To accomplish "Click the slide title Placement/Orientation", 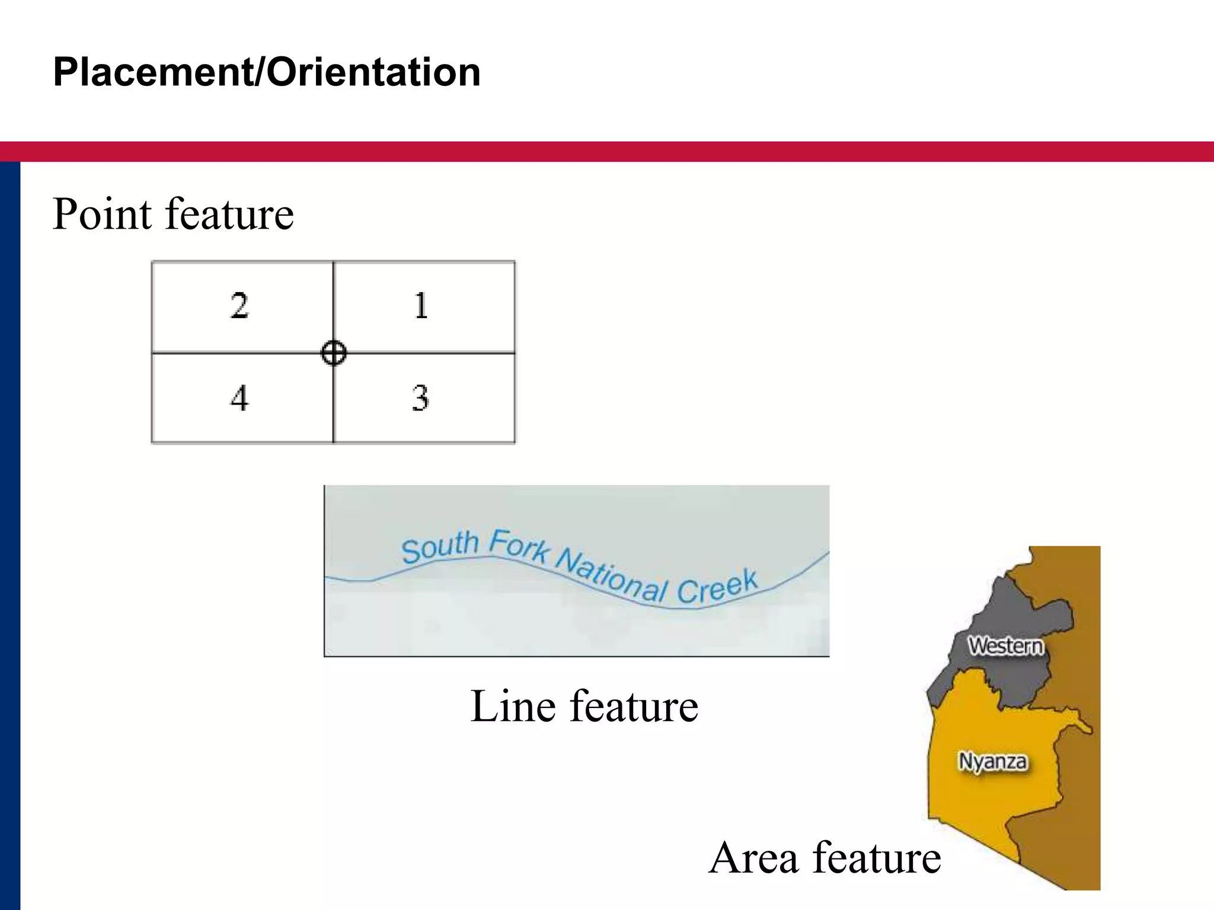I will click(x=267, y=72).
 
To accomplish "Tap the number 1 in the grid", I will click(x=421, y=306).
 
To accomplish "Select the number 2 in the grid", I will click(x=239, y=306).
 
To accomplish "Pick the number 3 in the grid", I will click(x=420, y=398).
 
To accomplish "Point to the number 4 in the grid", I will click(x=239, y=398).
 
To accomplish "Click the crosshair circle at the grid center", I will click(x=333, y=353).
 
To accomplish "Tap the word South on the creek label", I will click(x=440, y=547).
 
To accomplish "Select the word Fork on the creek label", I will click(x=520, y=545).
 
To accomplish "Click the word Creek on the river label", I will click(x=717, y=587).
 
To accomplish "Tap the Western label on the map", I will click(x=1006, y=645).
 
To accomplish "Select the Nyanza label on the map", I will click(x=993, y=761).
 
